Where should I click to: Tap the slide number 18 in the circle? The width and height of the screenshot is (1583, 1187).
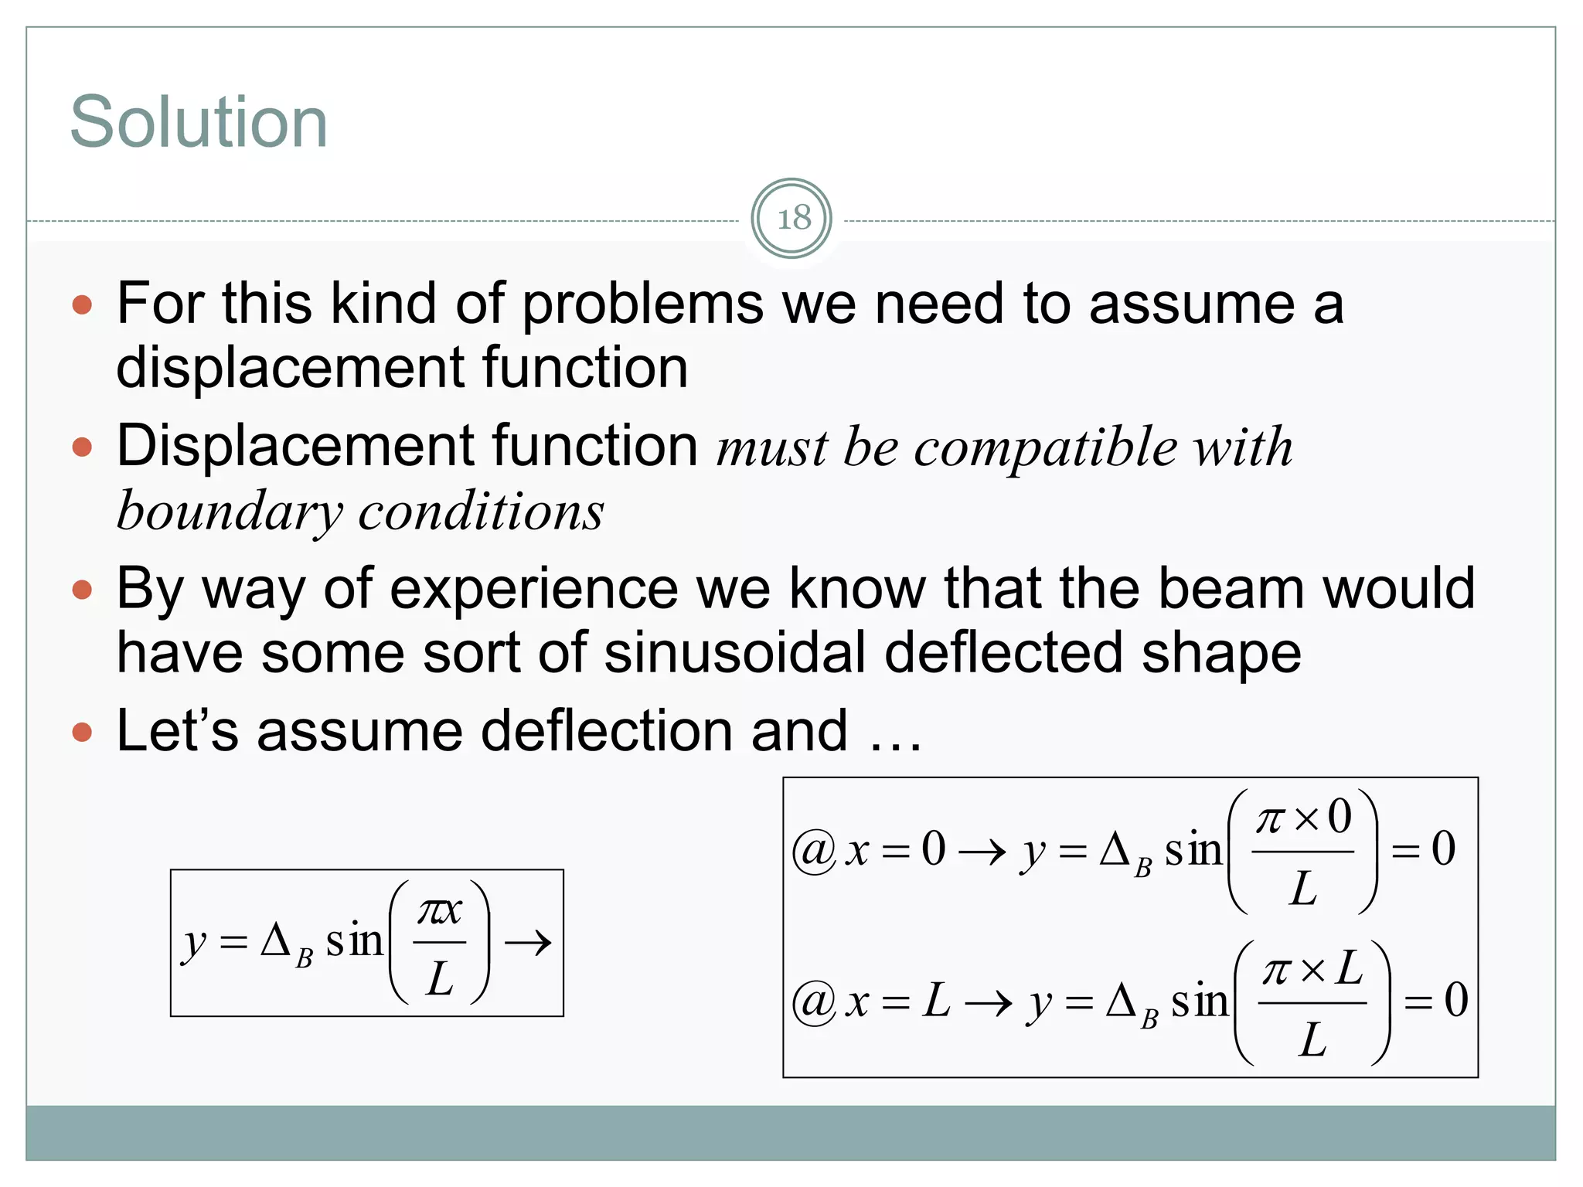coord(792,219)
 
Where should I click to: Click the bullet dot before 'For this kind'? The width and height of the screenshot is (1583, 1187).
coord(82,304)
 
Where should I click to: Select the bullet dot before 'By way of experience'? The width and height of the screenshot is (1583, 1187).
coord(82,590)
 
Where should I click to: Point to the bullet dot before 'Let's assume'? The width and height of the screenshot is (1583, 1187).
coord(82,732)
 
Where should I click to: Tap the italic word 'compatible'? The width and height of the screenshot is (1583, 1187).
coord(1046,447)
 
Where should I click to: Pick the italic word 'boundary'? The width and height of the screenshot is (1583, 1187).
coord(230,512)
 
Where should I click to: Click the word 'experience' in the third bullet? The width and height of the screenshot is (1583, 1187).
coord(534,590)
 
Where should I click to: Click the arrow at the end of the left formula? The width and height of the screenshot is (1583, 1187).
coord(528,943)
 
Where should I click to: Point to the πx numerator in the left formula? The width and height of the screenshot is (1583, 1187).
coord(439,911)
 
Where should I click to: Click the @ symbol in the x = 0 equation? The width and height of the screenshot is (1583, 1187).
coord(814,851)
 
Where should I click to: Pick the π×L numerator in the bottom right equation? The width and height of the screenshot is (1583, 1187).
coord(1312,969)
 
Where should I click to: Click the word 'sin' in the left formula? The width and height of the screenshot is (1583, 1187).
coord(354,941)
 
